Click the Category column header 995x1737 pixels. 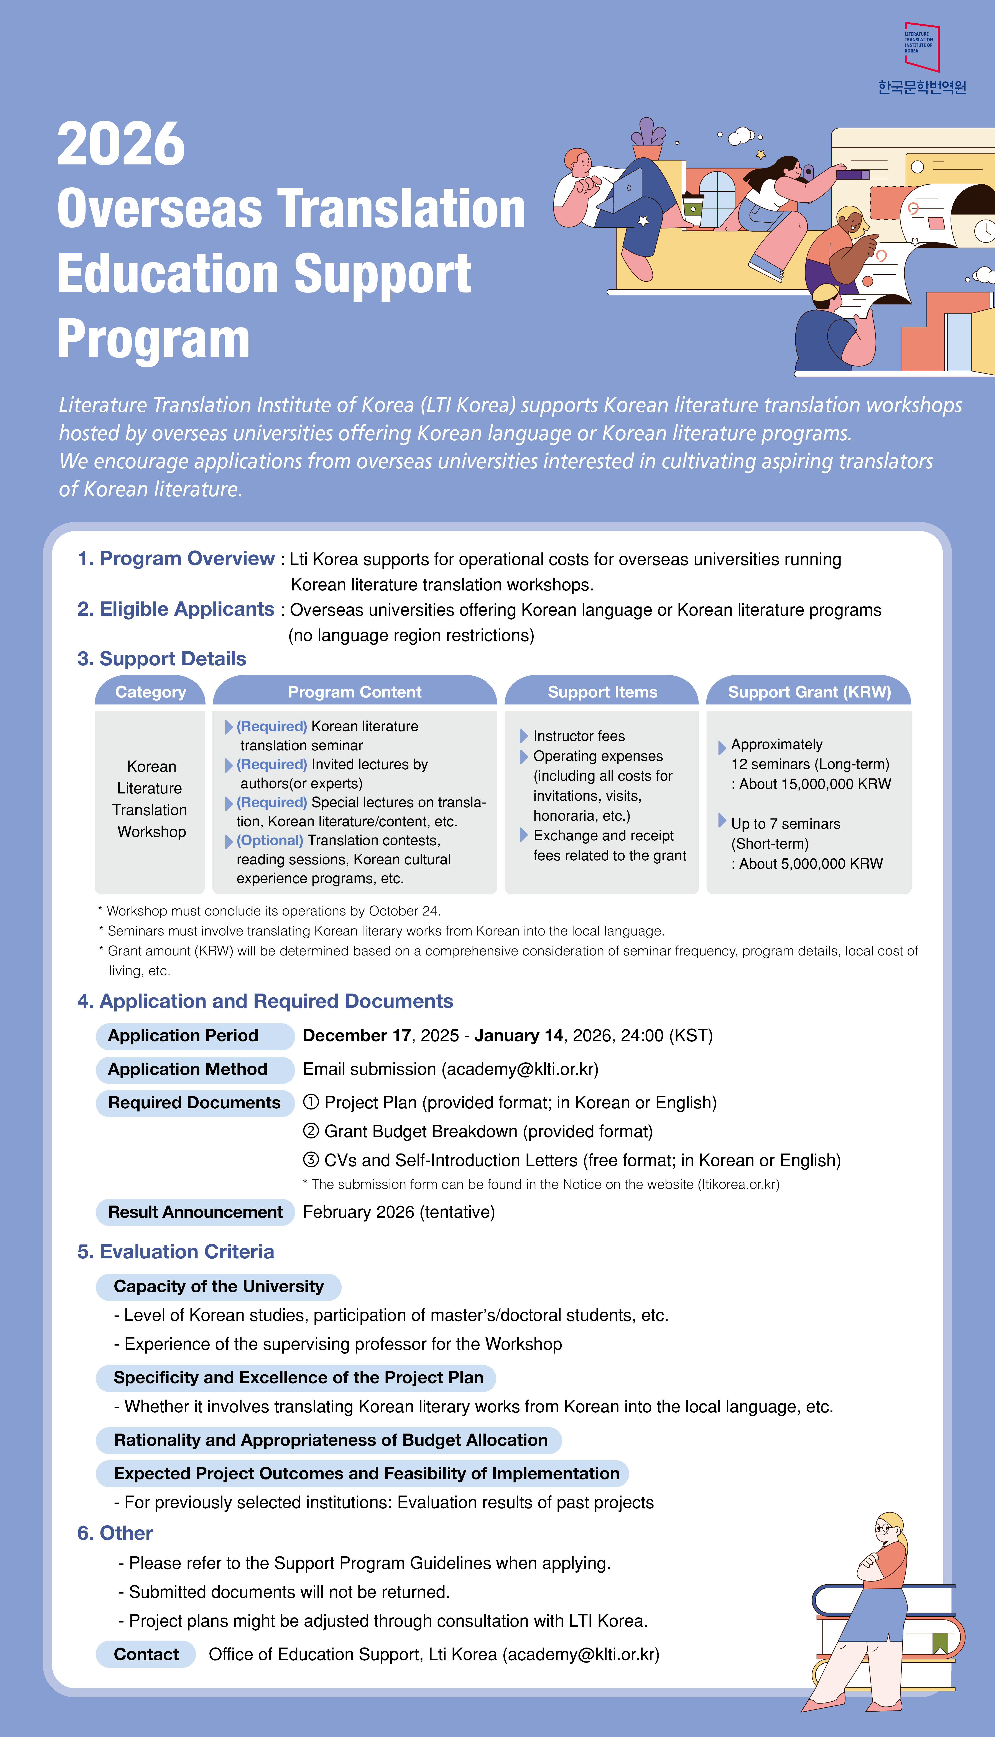(150, 692)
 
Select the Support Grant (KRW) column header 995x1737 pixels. (809, 692)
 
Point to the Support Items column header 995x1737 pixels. (602, 692)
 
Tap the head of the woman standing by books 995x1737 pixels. (890, 1529)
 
